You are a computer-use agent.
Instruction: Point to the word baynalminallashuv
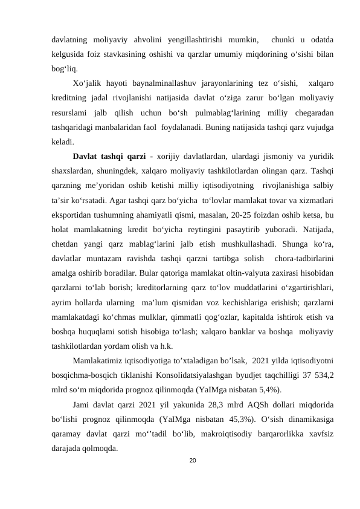(x=158, y=83)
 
